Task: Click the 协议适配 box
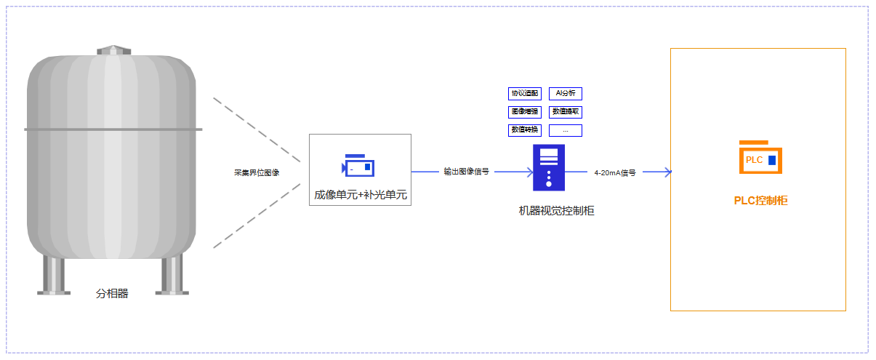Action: pyautogui.click(x=524, y=93)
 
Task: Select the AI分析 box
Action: pyautogui.click(x=565, y=93)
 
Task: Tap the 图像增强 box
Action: pyautogui.click(x=524, y=112)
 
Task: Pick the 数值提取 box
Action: pyautogui.click(x=565, y=112)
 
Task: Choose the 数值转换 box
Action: pyautogui.click(x=524, y=130)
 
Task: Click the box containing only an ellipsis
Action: pyautogui.click(x=565, y=130)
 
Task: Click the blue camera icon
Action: pyautogui.click(x=359, y=166)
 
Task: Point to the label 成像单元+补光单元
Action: pyautogui.click(x=360, y=195)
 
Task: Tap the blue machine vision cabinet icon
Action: pyautogui.click(x=549, y=167)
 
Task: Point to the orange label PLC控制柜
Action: pyautogui.click(x=760, y=201)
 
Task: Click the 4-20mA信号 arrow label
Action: pyautogui.click(x=614, y=173)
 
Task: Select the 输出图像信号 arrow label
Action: pyautogui.click(x=466, y=172)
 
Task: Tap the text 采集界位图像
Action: pyautogui.click(x=256, y=172)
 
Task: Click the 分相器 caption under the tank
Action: pyautogui.click(x=112, y=294)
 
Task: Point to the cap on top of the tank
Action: pyautogui.click(x=112, y=50)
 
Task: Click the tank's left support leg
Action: pyautogui.click(x=54, y=275)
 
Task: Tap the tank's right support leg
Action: pyautogui.click(x=172, y=275)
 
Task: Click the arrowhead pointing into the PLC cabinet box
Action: pyautogui.click(x=667, y=172)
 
